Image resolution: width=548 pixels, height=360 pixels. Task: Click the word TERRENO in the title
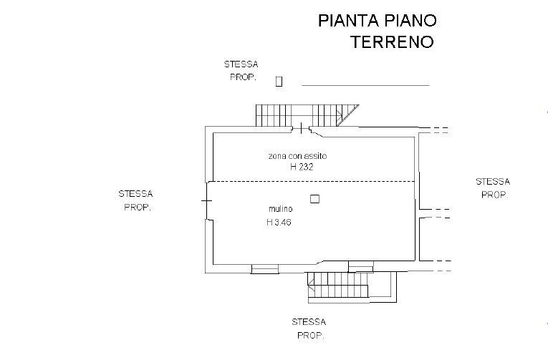click(x=392, y=42)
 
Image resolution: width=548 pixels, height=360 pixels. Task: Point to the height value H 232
click(x=302, y=166)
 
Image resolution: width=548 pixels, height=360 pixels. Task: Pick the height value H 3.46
click(x=279, y=223)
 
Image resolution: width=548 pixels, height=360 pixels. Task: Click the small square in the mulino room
click(x=314, y=200)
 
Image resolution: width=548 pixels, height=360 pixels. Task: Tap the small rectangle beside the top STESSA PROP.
click(x=279, y=81)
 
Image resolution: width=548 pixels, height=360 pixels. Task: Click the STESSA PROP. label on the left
click(x=135, y=200)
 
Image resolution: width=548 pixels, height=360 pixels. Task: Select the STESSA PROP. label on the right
click(x=493, y=188)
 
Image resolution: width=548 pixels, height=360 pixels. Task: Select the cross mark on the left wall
click(x=206, y=201)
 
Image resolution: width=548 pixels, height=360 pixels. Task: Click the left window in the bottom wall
click(x=264, y=269)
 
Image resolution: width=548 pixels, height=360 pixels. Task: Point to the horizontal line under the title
click(x=365, y=85)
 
